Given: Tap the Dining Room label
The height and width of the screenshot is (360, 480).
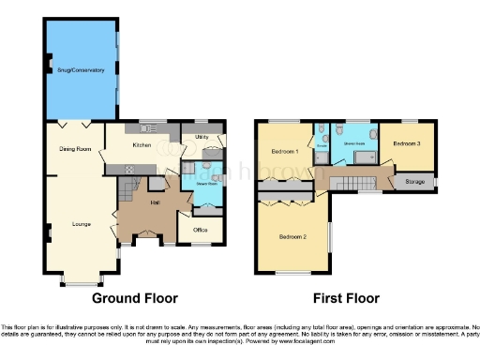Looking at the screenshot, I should click(x=75, y=148).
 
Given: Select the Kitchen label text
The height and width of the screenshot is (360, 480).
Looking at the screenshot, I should click(x=142, y=145).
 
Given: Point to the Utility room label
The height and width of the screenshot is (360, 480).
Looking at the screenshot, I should click(x=202, y=138).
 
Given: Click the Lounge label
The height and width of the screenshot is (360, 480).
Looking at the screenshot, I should click(x=82, y=223).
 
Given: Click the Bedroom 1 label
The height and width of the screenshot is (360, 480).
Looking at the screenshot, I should click(x=285, y=151).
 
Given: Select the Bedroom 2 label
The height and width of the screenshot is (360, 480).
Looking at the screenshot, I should click(x=292, y=236).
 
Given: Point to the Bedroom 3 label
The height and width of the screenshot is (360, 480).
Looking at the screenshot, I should click(x=406, y=144).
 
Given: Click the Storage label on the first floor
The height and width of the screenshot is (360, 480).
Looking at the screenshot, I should click(x=413, y=181).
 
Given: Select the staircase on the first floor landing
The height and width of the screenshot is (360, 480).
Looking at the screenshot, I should click(x=357, y=181).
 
